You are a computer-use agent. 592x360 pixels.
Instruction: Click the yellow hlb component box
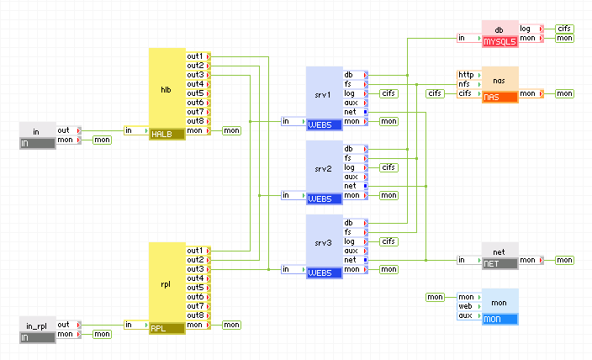(x=166, y=87)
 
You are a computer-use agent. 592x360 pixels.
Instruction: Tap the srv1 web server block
(x=325, y=93)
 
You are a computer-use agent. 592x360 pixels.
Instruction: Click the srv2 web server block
(x=325, y=167)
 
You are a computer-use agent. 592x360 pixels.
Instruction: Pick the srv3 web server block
(x=325, y=241)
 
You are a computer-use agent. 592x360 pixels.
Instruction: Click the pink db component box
(x=499, y=29)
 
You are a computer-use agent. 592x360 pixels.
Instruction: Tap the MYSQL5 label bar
(x=499, y=40)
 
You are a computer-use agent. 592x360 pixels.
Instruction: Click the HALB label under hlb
(x=166, y=134)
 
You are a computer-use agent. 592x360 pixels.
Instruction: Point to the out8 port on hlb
(x=195, y=121)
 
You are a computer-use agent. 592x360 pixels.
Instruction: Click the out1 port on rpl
(x=195, y=251)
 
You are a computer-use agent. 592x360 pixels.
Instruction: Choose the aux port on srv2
(x=351, y=177)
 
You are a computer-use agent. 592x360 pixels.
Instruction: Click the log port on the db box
(x=526, y=29)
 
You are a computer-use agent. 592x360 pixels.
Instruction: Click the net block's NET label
(x=499, y=263)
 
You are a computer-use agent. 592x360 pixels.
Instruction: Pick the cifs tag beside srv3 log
(x=389, y=241)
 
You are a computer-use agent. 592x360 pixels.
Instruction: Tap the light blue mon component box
(x=499, y=301)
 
